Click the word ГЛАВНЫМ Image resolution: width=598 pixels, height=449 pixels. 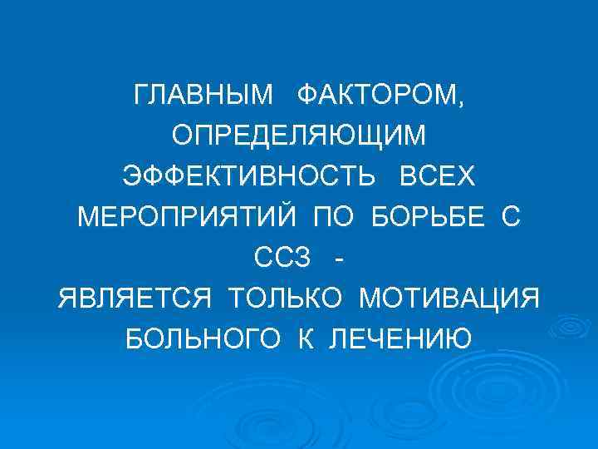click(203, 96)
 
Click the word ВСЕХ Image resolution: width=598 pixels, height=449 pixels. click(438, 177)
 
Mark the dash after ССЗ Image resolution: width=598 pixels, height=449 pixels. click(337, 259)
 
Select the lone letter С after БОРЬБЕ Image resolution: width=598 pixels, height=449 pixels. click(510, 217)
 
